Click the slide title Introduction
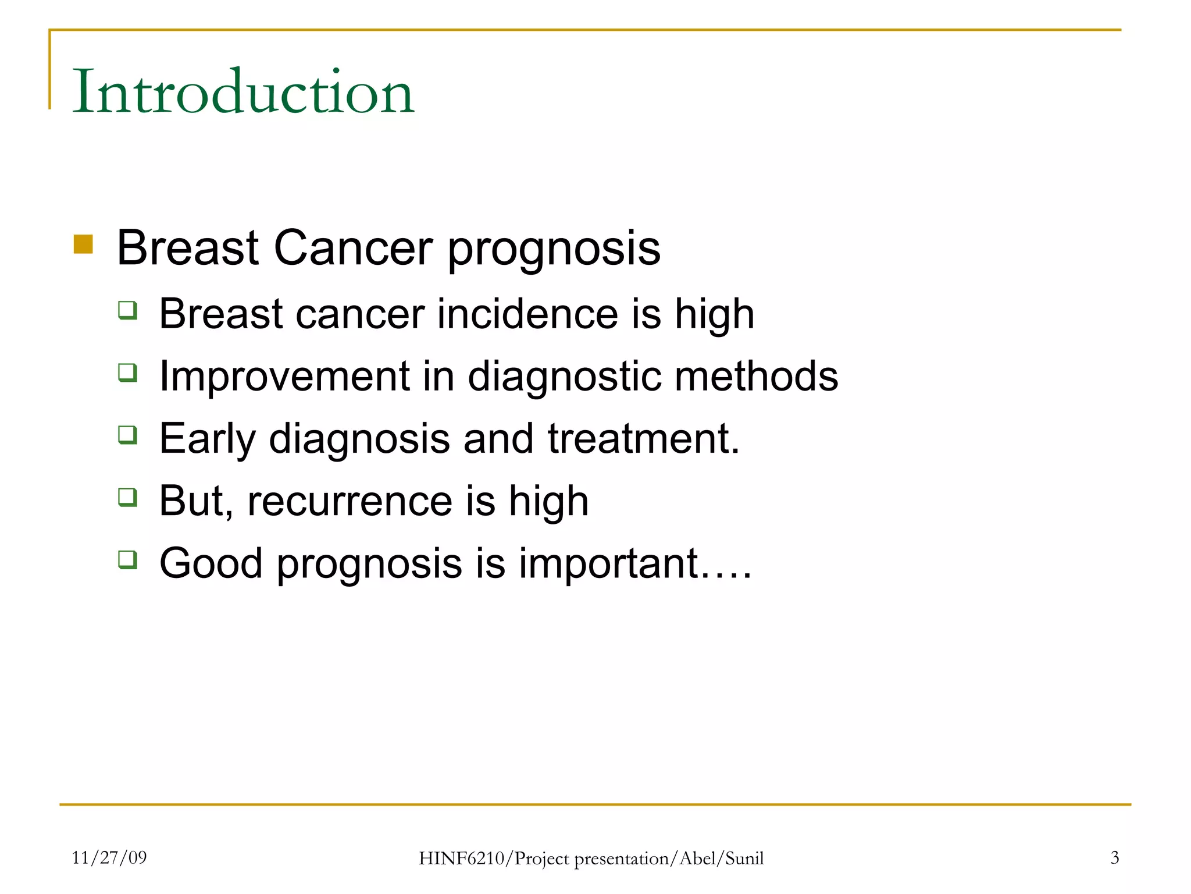coord(243,92)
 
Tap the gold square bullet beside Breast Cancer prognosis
coord(83,244)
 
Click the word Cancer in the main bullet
coord(353,248)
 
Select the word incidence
coord(527,314)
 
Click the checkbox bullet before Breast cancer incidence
coord(127,310)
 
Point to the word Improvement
coord(284,377)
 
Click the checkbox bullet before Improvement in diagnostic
coord(127,372)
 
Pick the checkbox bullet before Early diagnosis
coord(127,434)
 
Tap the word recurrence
coord(350,502)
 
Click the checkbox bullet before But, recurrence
coord(127,497)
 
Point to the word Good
coord(211,563)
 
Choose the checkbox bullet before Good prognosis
coord(127,559)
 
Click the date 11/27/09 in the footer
coord(109,857)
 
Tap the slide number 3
coord(1114,857)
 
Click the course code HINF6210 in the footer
coord(462,858)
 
